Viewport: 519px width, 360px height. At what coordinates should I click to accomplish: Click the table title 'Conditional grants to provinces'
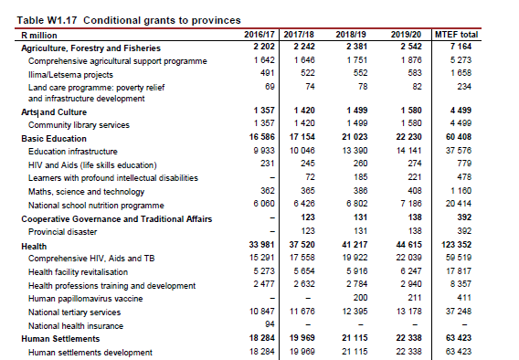(162, 20)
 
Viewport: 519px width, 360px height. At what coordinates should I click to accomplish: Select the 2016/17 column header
(259, 35)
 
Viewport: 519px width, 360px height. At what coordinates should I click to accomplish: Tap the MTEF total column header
(456, 35)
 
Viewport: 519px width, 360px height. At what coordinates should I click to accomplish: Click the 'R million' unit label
(39, 36)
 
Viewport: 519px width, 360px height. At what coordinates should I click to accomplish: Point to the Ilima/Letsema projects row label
(70, 75)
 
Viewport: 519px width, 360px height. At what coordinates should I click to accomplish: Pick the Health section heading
(34, 247)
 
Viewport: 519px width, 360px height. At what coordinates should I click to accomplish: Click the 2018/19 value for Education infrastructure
(355, 151)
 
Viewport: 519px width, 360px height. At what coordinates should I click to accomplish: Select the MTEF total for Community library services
(461, 123)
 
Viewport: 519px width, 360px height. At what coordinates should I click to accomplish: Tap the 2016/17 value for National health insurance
(270, 324)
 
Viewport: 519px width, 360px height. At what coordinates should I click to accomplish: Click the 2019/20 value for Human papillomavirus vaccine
(415, 298)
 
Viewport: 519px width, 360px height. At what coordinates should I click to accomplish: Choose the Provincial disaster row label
(62, 232)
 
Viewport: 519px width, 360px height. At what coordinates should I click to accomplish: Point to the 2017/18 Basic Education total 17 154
(302, 137)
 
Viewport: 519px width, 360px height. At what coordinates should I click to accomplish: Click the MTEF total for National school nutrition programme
(459, 204)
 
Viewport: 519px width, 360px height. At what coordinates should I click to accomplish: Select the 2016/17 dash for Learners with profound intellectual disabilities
(272, 177)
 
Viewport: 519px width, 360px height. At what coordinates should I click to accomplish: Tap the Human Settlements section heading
(60, 339)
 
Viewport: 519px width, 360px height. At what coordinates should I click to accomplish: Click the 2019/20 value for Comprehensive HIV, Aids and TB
(408, 258)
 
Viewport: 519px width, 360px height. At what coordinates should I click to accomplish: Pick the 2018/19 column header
(351, 35)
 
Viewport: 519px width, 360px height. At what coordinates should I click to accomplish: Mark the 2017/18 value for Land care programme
(310, 87)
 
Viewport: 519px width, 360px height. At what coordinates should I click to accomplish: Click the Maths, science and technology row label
(87, 192)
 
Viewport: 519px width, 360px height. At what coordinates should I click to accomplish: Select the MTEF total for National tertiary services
(459, 312)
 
